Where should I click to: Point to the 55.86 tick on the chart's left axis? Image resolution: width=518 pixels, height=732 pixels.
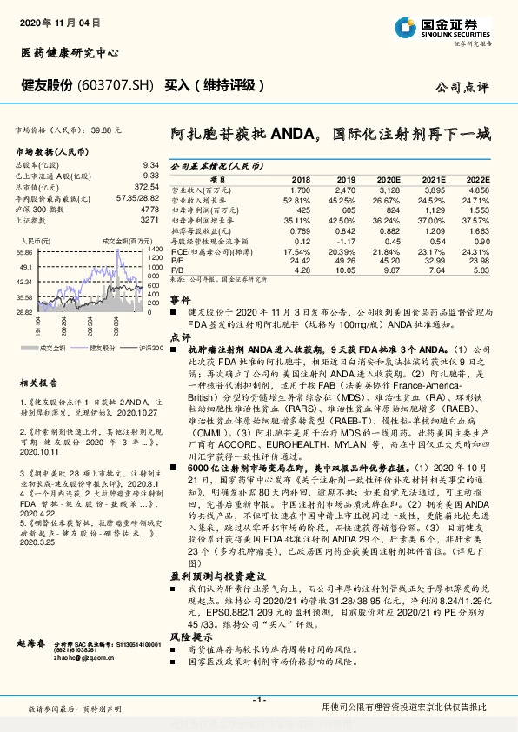tap(24, 252)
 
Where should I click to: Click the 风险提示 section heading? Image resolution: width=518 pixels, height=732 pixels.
tap(189, 637)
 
